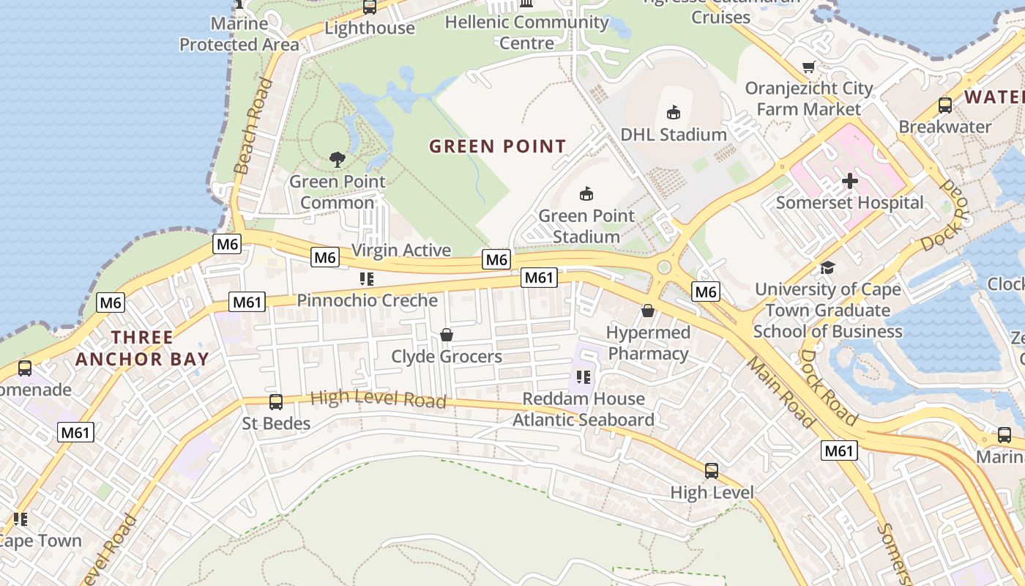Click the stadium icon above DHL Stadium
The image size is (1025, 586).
tap(673, 112)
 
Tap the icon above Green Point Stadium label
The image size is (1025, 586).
tap(586, 193)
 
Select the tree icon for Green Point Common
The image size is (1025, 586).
tap(337, 159)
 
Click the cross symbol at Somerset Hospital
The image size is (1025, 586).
tap(849, 180)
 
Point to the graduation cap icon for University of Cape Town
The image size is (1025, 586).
tap(827, 267)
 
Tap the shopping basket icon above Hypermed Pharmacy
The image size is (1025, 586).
tap(648, 311)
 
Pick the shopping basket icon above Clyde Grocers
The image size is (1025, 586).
tap(446, 335)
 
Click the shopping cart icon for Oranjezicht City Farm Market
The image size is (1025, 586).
tap(808, 67)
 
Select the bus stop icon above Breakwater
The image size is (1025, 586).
tap(944, 105)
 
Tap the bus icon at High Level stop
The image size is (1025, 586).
tap(711, 470)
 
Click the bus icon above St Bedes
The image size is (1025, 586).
tap(276, 401)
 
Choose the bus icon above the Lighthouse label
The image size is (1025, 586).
tap(370, 7)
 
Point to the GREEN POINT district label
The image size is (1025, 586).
tap(497, 146)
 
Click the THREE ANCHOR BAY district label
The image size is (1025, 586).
tap(142, 348)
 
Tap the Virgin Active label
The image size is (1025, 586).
tap(401, 250)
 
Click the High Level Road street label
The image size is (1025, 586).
tap(378, 399)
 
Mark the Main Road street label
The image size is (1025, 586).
tap(780, 392)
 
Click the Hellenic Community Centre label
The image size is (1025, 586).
tap(526, 32)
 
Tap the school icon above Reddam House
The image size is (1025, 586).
tap(583, 377)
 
